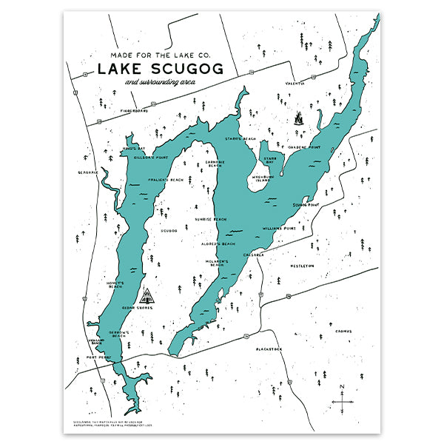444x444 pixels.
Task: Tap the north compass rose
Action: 341,400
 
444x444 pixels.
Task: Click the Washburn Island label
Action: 264,179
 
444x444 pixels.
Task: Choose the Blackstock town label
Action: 269,348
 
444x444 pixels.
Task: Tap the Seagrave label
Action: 87,172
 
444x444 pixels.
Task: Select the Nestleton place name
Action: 302,265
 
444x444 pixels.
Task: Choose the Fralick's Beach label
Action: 166,180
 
